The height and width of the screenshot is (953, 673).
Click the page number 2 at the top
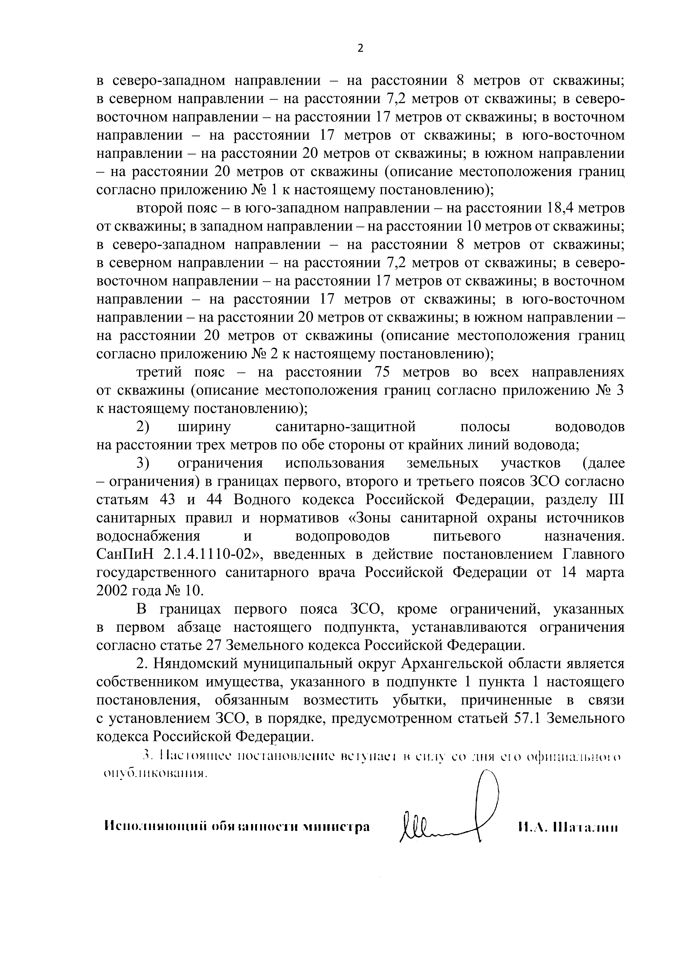click(360, 49)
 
